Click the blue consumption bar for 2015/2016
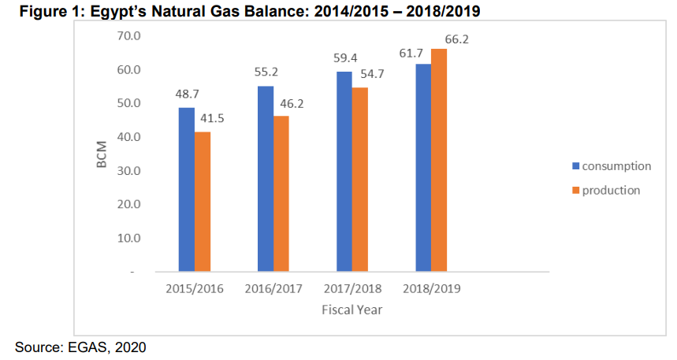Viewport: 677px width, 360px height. click(186, 189)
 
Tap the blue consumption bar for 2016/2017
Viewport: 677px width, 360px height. click(266, 178)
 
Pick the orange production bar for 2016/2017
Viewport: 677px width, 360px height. click(281, 193)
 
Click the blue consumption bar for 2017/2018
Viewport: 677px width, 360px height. click(344, 171)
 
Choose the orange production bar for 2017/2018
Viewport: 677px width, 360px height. click(359, 179)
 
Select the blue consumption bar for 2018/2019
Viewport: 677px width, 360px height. click(423, 167)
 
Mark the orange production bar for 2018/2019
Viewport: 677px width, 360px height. click(439, 160)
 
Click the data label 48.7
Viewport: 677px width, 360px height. click(187, 93)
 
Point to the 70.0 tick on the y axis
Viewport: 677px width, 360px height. click(126, 36)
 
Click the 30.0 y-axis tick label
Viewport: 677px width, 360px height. click(126, 171)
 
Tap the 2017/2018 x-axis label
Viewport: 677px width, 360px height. click(352, 289)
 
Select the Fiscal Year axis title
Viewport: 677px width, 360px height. click(352, 310)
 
